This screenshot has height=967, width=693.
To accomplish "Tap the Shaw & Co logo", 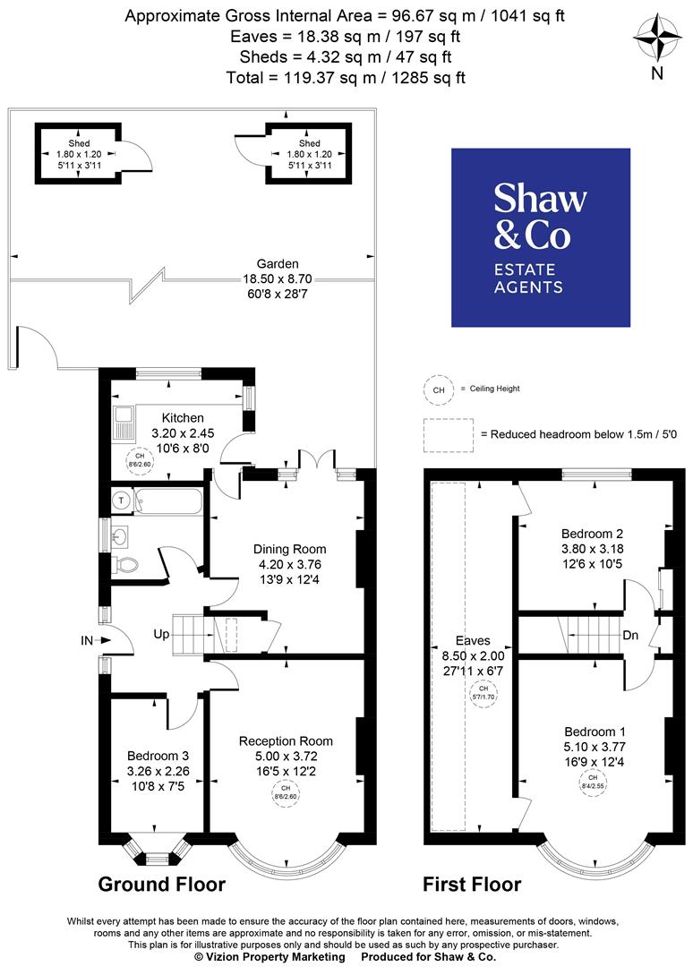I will [x=540, y=237].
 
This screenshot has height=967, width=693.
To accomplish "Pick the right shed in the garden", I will [x=309, y=153].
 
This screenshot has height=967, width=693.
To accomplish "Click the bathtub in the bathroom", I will [x=166, y=501].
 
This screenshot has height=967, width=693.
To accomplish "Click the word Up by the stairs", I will [x=161, y=634].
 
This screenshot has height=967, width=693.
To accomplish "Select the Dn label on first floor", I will [x=629, y=637].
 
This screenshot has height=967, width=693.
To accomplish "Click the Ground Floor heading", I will [x=161, y=885].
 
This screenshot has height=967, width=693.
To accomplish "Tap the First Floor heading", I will [x=471, y=885].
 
